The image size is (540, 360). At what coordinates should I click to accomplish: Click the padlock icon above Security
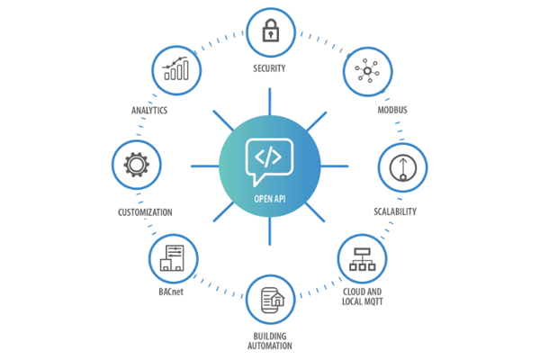tap(269, 31)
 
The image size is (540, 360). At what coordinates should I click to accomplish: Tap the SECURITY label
tap(269, 68)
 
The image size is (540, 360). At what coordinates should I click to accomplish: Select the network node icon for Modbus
tap(368, 71)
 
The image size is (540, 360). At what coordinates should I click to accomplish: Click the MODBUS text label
tap(393, 111)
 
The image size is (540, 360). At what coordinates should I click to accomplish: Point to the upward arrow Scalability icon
tap(400, 167)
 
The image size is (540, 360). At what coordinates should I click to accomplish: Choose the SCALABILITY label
tap(395, 212)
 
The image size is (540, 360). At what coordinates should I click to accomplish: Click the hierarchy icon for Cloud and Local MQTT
tap(363, 256)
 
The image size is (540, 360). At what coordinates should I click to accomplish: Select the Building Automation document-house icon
tap(270, 301)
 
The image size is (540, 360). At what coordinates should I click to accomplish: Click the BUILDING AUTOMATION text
tap(271, 341)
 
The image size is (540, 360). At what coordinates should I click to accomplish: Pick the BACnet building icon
tap(173, 258)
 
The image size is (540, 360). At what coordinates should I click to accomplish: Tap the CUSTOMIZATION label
tap(145, 212)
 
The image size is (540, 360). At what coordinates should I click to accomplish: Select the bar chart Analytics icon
tap(175, 70)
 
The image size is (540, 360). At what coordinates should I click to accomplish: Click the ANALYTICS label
tap(149, 111)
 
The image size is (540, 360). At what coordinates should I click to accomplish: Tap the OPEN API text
tap(270, 199)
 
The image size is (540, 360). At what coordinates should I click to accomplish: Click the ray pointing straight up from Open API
tap(270, 101)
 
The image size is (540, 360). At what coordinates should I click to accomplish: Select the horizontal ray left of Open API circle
tap(202, 166)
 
